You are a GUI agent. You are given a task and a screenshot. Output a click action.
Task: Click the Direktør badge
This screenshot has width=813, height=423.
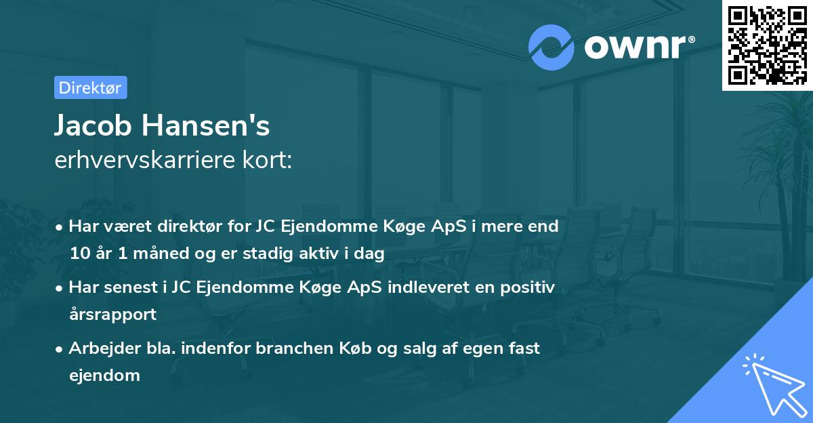coord(90,87)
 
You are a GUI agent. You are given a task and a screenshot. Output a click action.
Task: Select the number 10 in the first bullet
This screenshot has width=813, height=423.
coord(79,254)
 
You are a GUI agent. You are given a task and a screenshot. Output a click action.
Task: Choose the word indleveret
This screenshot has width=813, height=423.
coord(417,287)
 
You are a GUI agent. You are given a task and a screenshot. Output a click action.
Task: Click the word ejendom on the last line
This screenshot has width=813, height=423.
coord(104,375)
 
